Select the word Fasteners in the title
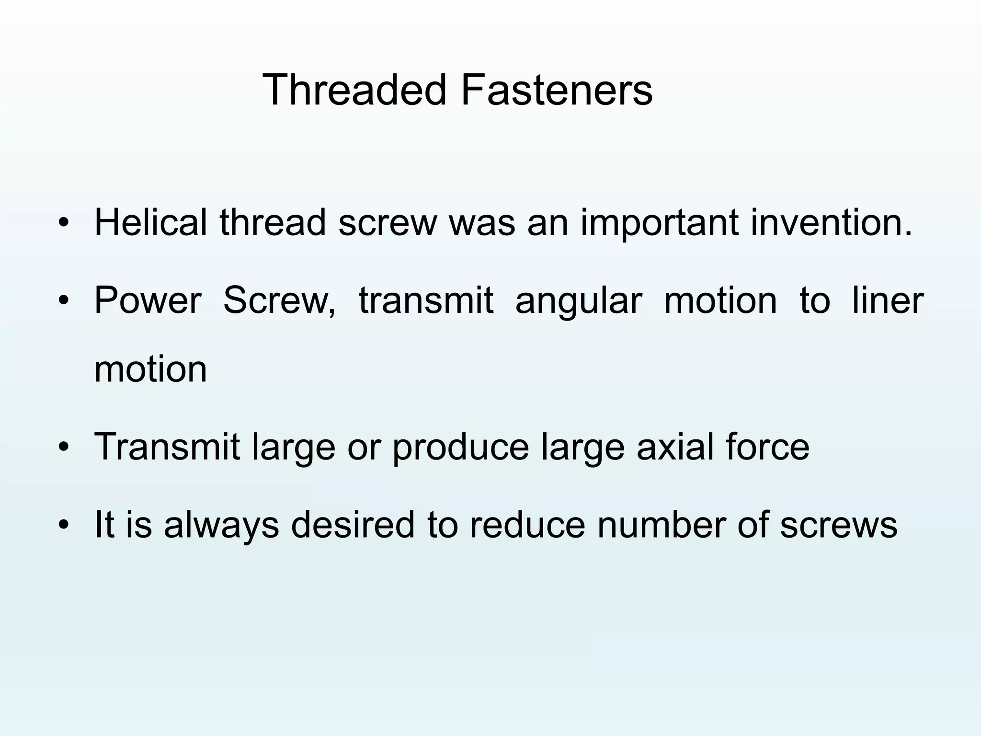(557, 90)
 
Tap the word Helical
(151, 222)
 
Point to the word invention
(831, 222)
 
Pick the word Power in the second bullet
(148, 300)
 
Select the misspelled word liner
(888, 300)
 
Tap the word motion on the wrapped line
(151, 369)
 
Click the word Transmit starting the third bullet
(167, 447)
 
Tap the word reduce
(527, 524)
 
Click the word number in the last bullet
(661, 524)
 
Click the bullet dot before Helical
(63, 223)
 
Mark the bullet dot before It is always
(63, 525)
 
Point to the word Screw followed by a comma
(279, 300)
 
